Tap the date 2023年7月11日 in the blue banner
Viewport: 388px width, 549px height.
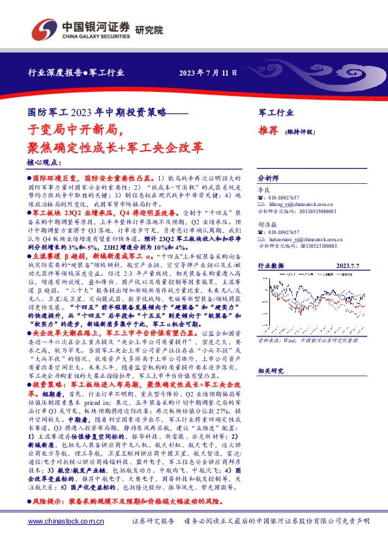[x=209, y=72]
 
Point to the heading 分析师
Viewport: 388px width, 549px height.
[x=268, y=177]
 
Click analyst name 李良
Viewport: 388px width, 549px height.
[x=263, y=188]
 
